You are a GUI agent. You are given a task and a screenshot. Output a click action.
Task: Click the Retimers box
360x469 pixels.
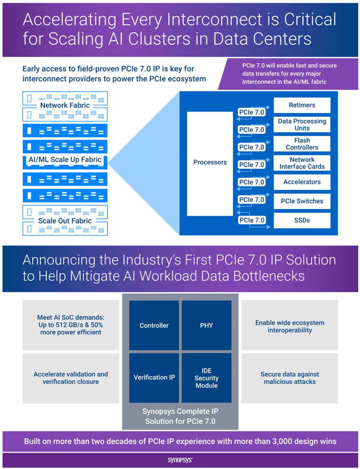click(302, 105)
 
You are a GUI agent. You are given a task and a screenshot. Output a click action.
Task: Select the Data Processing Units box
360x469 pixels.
click(302, 124)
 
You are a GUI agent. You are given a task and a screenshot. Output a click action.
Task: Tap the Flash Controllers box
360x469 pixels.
click(302, 143)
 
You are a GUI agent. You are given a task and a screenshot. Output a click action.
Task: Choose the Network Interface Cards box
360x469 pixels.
click(302, 163)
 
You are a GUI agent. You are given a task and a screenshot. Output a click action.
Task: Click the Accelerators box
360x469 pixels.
click(302, 182)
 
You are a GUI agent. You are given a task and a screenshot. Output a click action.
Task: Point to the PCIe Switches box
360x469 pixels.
click(302, 201)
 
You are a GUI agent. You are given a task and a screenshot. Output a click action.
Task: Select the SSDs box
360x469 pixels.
click(302, 221)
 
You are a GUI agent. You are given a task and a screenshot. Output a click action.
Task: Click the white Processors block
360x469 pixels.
click(210, 163)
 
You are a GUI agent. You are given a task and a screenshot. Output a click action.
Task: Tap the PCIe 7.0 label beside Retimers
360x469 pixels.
click(252, 111)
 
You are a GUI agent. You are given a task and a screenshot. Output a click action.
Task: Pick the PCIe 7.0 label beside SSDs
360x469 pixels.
click(252, 221)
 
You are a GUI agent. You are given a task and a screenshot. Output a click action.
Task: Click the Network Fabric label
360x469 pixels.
click(65, 105)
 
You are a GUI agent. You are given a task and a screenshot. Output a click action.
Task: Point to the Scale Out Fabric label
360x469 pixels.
click(65, 221)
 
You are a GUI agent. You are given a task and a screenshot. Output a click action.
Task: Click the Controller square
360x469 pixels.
click(154, 325)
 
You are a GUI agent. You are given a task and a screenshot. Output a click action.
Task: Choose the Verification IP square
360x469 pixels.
click(154, 377)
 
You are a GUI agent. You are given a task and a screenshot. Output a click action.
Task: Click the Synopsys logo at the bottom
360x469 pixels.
click(179, 460)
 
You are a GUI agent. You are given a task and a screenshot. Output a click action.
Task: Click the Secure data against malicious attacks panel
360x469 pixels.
click(290, 377)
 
